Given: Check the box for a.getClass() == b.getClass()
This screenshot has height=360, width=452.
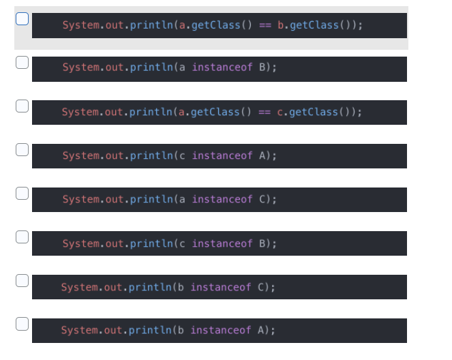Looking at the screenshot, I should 22,19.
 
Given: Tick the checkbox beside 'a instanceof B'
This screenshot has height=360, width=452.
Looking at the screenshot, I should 22,63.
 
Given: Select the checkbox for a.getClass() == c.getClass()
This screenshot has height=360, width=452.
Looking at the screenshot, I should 22,106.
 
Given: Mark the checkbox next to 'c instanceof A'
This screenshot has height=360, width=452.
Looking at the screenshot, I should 22,150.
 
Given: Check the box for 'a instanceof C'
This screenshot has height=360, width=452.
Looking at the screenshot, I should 22,194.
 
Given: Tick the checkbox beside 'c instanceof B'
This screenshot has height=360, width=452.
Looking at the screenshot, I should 22,237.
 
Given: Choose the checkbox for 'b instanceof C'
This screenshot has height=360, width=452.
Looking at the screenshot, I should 22,281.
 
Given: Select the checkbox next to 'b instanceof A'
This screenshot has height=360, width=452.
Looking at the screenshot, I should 22,325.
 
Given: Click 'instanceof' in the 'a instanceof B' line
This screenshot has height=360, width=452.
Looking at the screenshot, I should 222,69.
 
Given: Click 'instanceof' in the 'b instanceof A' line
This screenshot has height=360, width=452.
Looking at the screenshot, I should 221,331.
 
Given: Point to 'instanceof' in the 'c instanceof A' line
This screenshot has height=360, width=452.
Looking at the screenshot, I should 222,156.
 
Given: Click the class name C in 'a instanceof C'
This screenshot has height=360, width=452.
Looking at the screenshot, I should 262,200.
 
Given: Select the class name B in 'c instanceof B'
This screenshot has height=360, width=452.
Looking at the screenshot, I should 262,243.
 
